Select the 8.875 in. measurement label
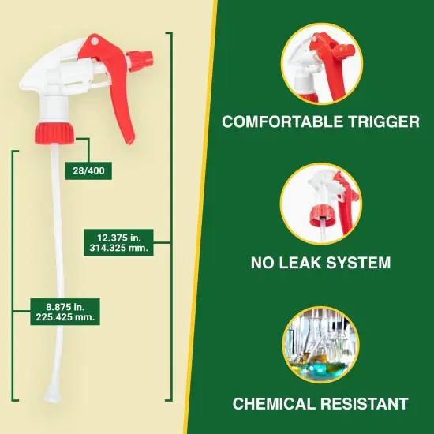[x=55, y=311]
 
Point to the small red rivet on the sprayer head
[x=93, y=40]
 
